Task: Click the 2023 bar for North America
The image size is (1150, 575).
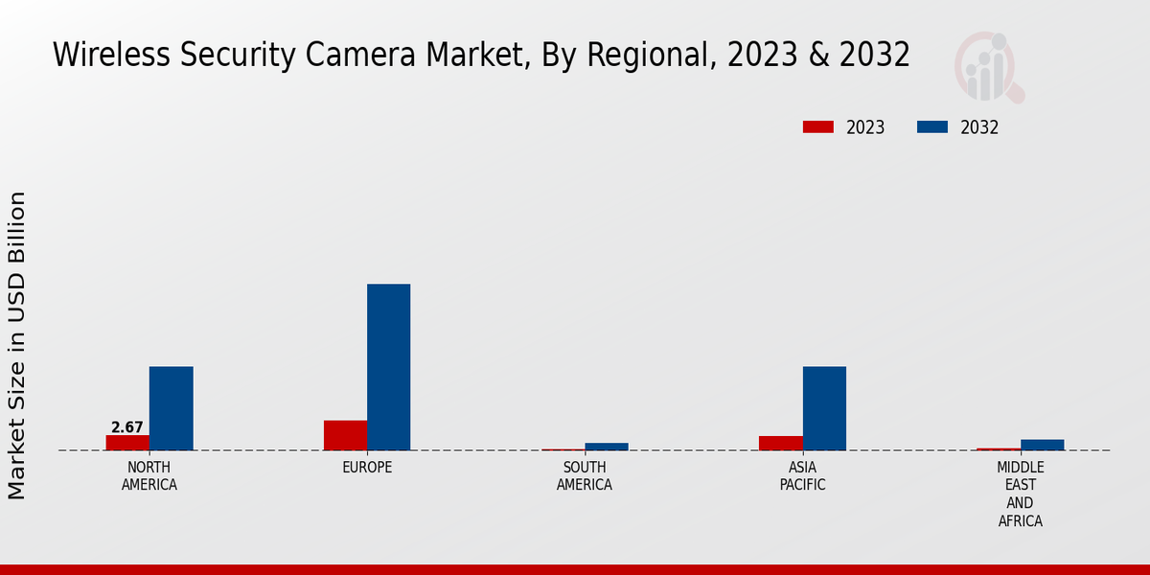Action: [x=127, y=443]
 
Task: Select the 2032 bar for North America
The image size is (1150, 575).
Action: [x=171, y=408]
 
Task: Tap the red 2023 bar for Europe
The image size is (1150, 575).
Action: [x=345, y=435]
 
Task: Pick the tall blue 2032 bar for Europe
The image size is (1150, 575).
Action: [x=388, y=367]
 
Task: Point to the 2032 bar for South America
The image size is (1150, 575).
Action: [x=607, y=447]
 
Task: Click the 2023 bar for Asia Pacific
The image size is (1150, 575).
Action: [x=780, y=443]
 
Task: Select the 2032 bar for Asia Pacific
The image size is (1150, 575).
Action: [x=824, y=408]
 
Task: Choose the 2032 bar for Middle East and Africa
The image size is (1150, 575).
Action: [x=1042, y=445]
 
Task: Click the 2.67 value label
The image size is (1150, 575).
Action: [x=127, y=427]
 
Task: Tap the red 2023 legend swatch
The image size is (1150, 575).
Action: [x=817, y=126]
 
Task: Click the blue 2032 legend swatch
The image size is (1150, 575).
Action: [x=932, y=126]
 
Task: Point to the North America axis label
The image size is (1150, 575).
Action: [x=149, y=476]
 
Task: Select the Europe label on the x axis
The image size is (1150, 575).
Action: [x=367, y=468]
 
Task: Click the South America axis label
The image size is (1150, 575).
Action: [x=585, y=476]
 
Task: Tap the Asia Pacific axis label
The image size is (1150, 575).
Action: [x=802, y=476]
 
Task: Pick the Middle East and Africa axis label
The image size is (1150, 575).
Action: [x=1020, y=494]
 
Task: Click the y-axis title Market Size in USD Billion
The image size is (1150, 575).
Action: [x=17, y=345]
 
